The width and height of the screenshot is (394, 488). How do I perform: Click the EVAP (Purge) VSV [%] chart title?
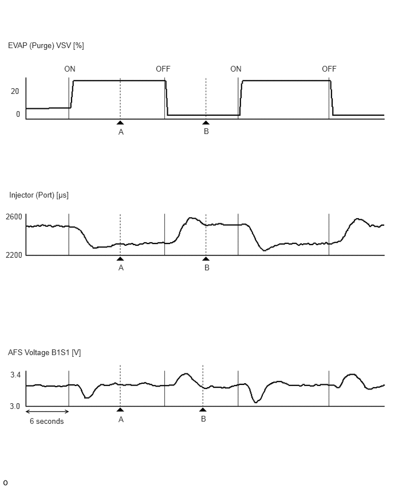(x=46, y=46)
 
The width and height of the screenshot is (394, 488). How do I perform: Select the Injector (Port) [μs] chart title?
(x=39, y=195)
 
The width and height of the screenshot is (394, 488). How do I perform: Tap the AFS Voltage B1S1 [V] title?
(x=45, y=353)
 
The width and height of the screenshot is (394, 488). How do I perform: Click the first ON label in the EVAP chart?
(x=70, y=69)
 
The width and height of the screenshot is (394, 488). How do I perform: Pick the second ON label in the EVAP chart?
(x=236, y=69)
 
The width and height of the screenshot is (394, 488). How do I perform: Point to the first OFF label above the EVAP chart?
(x=163, y=69)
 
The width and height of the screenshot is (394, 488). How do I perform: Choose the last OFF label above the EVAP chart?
(x=329, y=69)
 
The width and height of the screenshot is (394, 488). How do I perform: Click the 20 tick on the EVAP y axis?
(x=15, y=91)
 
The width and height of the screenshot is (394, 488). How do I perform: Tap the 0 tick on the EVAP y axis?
(x=18, y=114)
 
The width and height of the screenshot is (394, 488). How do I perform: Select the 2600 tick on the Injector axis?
(x=14, y=217)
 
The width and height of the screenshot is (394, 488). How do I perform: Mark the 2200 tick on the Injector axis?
(x=14, y=255)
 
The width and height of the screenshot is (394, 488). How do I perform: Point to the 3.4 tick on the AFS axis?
(x=15, y=375)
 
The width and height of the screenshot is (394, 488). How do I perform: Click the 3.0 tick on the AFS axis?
(x=15, y=407)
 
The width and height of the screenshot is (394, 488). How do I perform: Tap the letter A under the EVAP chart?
(x=121, y=132)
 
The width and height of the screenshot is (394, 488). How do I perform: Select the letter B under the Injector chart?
(x=207, y=267)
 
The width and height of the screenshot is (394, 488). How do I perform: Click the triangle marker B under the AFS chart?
(x=203, y=410)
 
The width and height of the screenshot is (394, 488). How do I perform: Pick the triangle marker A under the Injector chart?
(x=120, y=259)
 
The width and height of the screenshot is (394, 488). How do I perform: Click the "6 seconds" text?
(x=47, y=421)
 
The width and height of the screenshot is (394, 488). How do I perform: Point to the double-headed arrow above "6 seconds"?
(x=47, y=411)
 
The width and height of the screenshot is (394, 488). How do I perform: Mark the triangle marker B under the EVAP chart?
(x=206, y=123)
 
